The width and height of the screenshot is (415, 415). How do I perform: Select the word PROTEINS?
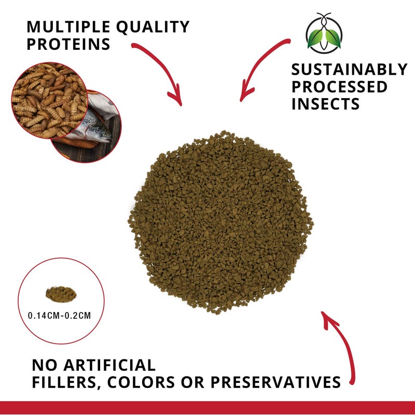pos(68,44)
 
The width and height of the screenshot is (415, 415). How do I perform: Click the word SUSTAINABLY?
pos(349,70)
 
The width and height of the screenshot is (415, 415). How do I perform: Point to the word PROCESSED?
pos(339,87)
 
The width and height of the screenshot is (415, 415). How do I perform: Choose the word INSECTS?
pos(325,104)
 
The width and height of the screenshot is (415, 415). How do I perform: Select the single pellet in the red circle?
pos(61,295)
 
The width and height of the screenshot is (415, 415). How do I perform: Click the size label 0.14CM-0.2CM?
pos(61,315)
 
